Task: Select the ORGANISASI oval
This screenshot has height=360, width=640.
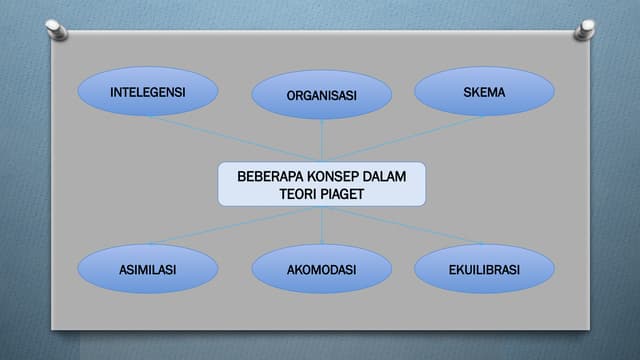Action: coord(321,96)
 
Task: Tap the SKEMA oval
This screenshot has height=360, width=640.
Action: coord(484,92)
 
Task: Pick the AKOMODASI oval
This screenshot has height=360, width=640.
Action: coord(321,269)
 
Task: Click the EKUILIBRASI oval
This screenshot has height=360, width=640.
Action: coord(484,269)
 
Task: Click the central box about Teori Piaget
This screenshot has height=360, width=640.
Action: coord(321,185)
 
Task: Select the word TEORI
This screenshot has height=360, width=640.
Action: coord(297,194)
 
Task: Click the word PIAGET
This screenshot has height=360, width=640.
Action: coord(343,194)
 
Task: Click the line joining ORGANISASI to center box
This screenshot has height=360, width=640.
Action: coord(321,140)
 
